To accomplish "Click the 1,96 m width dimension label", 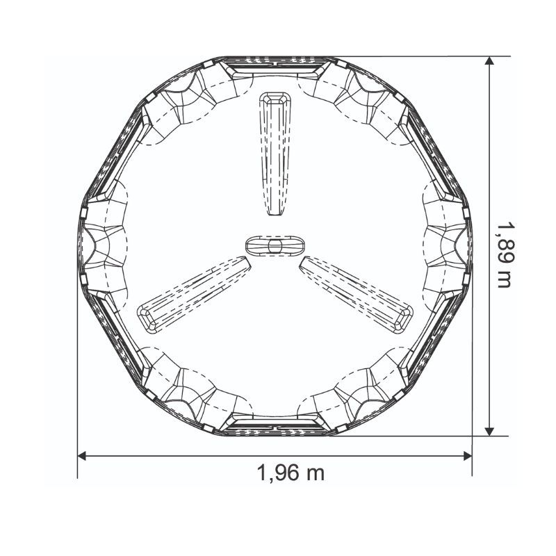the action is click(x=291, y=473).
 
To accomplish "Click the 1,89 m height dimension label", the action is click(x=504, y=255).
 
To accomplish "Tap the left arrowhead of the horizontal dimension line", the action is click(x=82, y=456).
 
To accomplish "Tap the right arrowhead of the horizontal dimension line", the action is click(x=467, y=456).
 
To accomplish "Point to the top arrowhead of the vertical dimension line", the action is click(x=489, y=60).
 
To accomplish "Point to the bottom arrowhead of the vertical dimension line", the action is click(x=489, y=431).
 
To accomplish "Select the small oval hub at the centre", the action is click(x=275, y=245).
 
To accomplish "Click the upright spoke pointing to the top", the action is click(x=275, y=154).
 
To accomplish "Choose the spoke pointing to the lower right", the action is click(x=357, y=295).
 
